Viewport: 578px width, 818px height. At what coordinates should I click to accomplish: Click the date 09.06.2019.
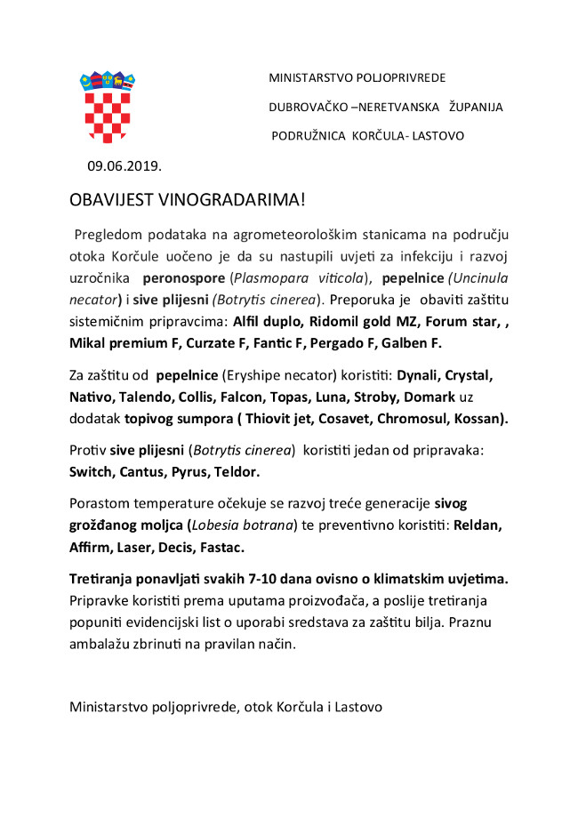point(124,165)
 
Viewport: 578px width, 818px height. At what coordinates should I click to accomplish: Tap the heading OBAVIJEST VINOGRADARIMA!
point(187,200)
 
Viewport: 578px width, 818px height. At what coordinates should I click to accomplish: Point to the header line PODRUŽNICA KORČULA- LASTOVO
point(367,136)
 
